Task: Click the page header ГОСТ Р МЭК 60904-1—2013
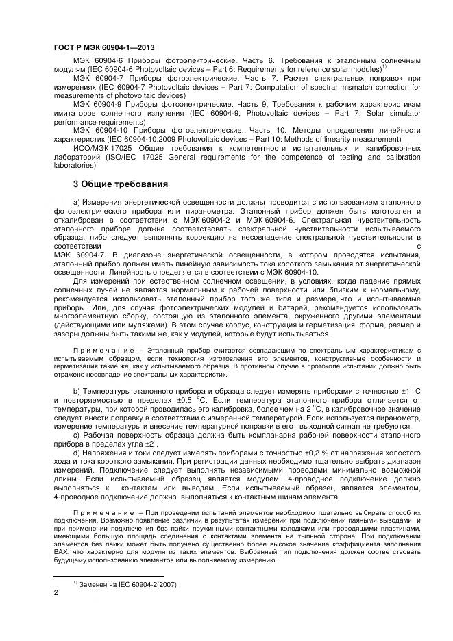(x=103, y=47)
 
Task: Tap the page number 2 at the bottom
(x=56, y=593)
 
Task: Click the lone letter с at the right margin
(x=418, y=245)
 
